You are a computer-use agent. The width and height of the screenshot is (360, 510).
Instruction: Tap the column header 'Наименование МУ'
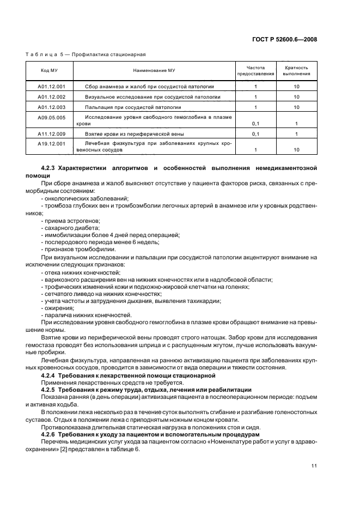[x=154, y=70]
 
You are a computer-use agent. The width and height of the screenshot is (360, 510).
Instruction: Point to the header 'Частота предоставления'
[x=255, y=70]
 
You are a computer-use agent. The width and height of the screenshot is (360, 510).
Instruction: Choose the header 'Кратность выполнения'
[x=296, y=70]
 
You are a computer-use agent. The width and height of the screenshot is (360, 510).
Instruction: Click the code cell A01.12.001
[x=52, y=87]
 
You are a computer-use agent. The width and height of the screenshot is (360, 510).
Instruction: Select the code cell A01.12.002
[x=52, y=97]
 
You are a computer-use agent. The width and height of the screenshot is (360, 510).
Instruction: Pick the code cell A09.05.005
[x=52, y=117]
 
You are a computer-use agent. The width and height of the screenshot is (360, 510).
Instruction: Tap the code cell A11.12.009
[x=52, y=133]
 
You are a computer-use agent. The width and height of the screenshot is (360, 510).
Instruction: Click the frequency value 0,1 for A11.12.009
[x=255, y=133]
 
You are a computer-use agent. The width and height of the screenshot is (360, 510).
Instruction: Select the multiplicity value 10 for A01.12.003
[x=296, y=107]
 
